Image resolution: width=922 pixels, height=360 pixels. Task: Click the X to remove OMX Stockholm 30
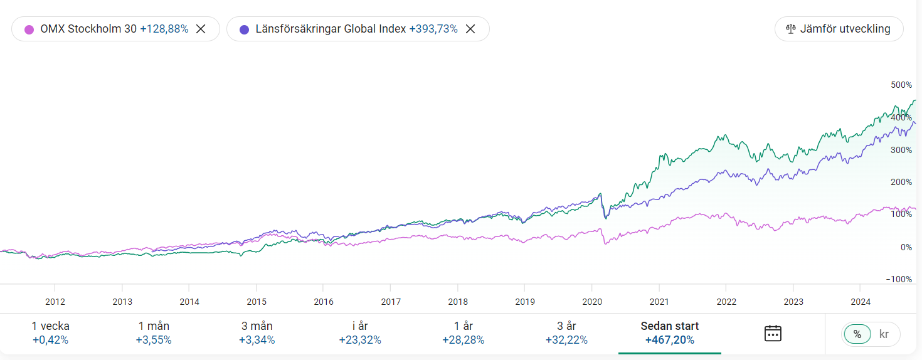click(201, 29)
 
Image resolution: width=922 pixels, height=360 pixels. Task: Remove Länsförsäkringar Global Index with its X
click(470, 29)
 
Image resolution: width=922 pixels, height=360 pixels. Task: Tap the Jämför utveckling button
click(839, 29)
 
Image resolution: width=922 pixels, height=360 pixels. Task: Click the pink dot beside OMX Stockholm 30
click(29, 29)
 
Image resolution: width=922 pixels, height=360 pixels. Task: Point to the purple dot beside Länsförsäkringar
click(244, 29)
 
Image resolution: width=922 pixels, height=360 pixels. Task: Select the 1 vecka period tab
click(51, 333)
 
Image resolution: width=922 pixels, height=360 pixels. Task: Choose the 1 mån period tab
click(154, 333)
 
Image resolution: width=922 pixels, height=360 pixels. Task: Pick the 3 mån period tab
click(257, 333)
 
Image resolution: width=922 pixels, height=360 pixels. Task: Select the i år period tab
click(360, 333)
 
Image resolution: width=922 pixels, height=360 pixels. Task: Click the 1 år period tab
click(463, 333)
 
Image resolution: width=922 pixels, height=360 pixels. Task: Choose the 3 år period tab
click(566, 333)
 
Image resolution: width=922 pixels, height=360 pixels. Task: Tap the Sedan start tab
click(669, 333)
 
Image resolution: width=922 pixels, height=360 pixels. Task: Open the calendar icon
click(773, 333)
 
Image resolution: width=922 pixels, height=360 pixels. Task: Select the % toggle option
click(857, 334)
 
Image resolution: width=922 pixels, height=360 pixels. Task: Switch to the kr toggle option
click(884, 334)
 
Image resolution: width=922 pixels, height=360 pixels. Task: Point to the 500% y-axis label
click(901, 85)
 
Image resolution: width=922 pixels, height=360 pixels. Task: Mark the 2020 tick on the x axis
click(592, 302)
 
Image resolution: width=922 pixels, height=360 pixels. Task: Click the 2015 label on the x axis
click(257, 302)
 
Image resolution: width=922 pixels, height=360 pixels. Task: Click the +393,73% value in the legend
click(433, 29)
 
